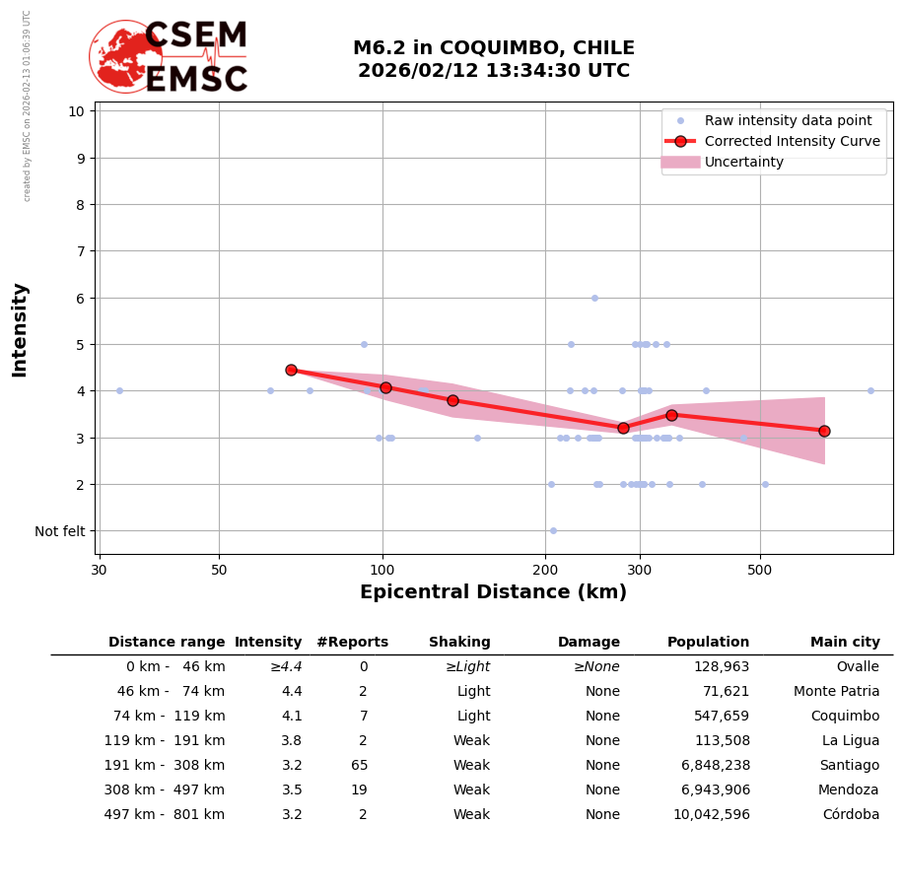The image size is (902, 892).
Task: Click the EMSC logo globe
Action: click(125, 56)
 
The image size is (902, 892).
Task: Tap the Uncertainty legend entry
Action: click(743, 162)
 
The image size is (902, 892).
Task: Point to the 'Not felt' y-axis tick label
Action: click(60, 531)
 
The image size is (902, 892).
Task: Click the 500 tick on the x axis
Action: click(759, 570)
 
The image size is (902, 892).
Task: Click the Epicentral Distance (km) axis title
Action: click(493, 592)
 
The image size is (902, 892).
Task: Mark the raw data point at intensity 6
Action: click(594, 298)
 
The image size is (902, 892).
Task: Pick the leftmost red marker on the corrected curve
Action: click(291, 370)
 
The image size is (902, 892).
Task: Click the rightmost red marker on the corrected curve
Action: click(824, 431)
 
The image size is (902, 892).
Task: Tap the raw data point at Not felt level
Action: click(553, 530)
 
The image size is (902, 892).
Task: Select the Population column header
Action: click(708, 643)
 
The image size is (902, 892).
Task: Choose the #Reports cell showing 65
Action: click(360, 766)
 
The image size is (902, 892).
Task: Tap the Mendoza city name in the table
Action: click(848, 790)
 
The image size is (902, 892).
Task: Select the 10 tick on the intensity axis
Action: click(76, 111)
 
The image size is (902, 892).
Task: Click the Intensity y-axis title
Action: click(20, 329)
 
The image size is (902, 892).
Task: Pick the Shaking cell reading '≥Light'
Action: click(467, 667)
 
